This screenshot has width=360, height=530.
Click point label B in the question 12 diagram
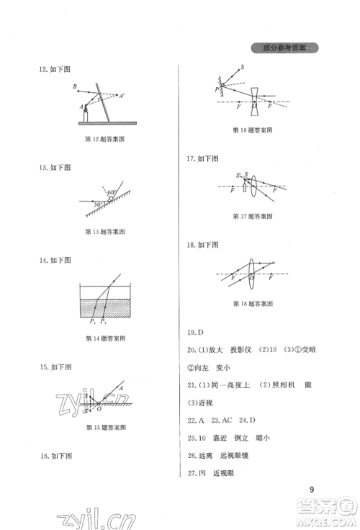[x=75, y=86]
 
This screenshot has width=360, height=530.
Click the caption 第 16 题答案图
[x=250, y=130]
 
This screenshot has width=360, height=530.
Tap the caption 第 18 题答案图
[x=250, y=304]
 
